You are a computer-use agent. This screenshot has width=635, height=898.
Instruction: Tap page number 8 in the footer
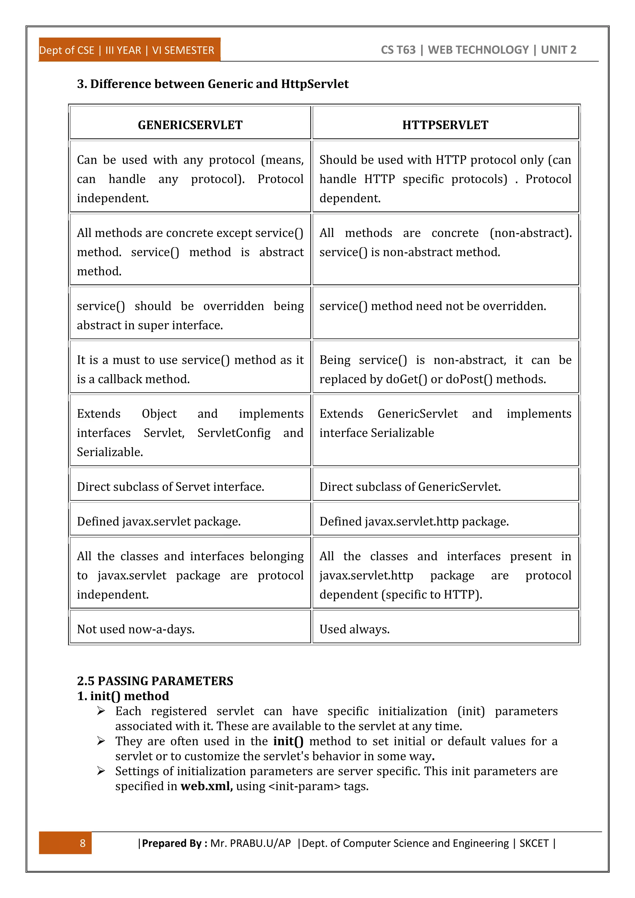(x=82, y=843)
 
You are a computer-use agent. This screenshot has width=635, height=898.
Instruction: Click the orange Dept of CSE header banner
(x=129, y=50)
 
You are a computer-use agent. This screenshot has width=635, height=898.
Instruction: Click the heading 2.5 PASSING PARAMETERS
(x=155, y=681)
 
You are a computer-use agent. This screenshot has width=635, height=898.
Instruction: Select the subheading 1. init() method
(x=123, y=696)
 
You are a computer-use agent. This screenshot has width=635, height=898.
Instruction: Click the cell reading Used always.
(x=354, y=629)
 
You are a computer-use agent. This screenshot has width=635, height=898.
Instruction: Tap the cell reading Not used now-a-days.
(x=136, y=629)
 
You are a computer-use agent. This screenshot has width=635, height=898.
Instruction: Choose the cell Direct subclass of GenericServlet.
(x=410, y=487)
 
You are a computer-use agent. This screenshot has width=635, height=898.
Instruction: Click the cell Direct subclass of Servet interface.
(x=171, y=487)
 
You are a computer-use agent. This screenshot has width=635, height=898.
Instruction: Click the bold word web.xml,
(x=206, y=786)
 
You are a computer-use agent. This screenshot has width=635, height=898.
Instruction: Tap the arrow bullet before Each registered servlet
(x=101, y=711)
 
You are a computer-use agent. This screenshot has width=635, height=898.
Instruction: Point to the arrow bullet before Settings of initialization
(x=101, y=771)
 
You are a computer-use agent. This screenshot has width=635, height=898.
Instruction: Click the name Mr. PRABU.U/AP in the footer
(x=250, y=843)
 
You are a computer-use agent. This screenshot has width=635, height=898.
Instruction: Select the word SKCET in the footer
(x=534, y=843)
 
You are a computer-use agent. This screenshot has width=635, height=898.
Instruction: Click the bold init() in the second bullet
(x=288, y=741)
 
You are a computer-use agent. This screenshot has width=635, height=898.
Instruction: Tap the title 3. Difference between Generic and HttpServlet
(x=213, y=84)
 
